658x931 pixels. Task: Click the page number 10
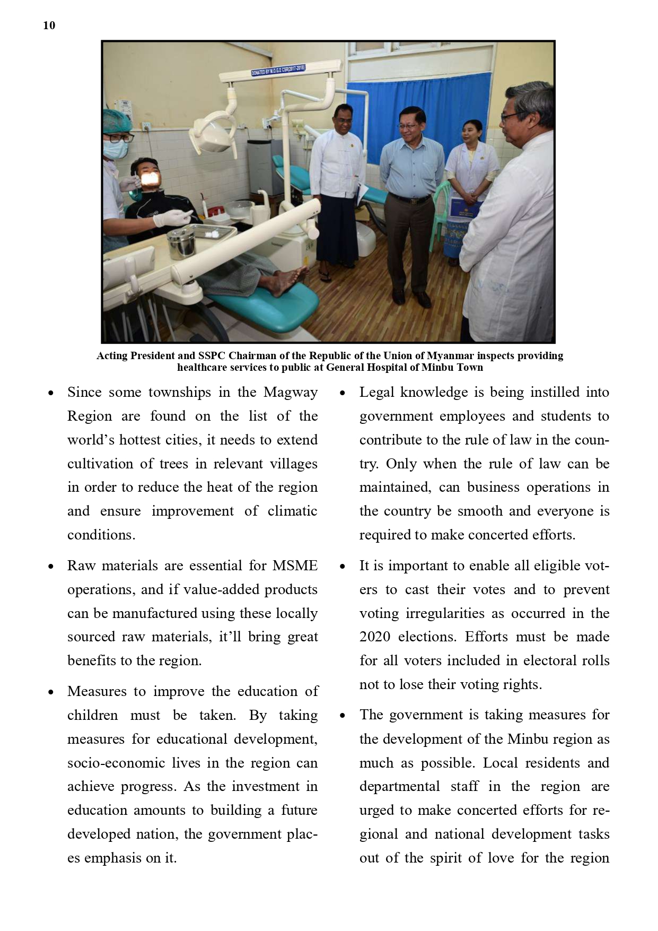point(49,25)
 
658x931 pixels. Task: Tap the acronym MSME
point(295,566)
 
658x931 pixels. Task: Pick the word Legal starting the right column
point(377,393)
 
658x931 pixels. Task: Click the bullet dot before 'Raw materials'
point(51,567)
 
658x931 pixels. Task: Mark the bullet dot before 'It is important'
point(343,567)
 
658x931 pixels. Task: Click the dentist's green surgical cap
point(118,119)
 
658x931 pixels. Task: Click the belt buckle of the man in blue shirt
point(409,200)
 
